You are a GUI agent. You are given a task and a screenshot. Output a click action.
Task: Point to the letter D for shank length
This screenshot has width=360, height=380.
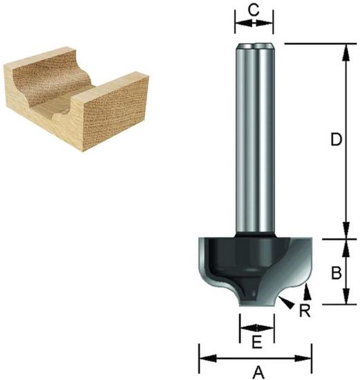pyautogui.click(x=336, y=140)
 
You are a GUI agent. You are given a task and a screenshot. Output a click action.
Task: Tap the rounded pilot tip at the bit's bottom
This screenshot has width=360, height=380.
pyautogui.click(x=256, y=296)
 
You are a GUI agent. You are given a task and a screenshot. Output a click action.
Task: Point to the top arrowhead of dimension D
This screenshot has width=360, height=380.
pyautogui.click(x=344, y=49)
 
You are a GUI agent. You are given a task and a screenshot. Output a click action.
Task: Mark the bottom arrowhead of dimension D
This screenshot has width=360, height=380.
pyautogui.click(x=344, y=233)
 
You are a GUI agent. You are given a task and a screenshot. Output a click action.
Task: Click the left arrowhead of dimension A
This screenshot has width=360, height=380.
pyautogui.click(x=203, y=358)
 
